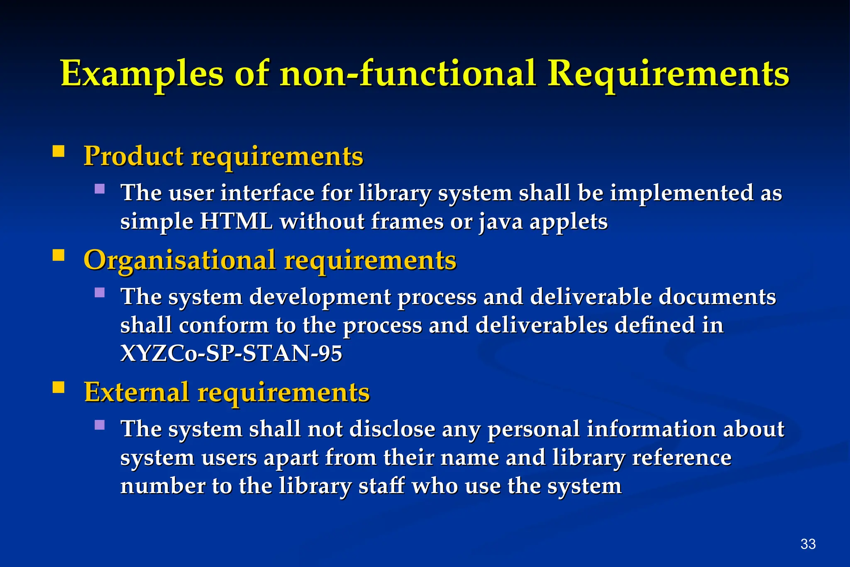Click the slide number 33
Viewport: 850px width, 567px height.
point(808,544)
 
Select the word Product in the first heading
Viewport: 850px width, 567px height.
point(133,156)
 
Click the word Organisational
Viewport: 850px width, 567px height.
point(179,260)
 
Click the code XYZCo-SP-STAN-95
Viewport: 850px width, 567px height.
point(231,353)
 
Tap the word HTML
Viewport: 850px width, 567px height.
point(236,221)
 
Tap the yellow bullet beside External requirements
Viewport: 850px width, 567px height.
point(59,387)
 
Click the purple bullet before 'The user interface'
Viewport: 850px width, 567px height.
point(100,189)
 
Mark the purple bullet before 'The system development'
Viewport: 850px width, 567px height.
point(100,293)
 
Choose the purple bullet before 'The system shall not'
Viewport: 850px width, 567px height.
point(100,425)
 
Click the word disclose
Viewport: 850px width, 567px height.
point(392,429)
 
